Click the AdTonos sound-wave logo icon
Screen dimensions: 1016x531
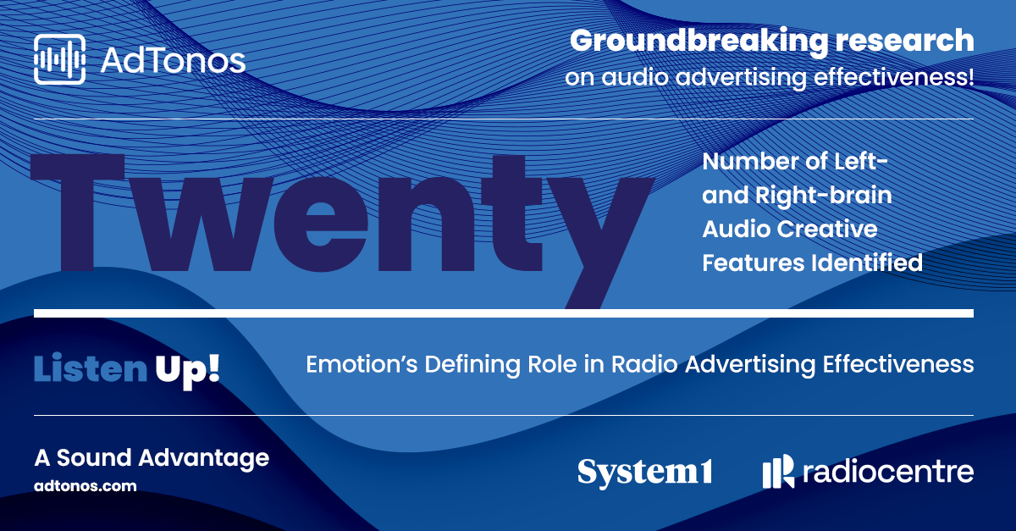coord(59,59)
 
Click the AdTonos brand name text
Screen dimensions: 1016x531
coord(173,60)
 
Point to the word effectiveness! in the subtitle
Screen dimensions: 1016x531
coord(893,77)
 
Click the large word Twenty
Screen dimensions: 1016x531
coord(342,230)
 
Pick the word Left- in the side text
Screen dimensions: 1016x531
coord(861,161)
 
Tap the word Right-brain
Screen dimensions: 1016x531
coord(823,195)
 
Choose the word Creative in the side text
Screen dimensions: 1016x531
coord(827,229)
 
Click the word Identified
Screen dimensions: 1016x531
coord(867,263)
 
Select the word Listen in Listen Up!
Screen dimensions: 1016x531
coord(91,368)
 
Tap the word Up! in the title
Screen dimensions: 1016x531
coord(188,371)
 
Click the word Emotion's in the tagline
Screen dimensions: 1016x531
coord(362,364)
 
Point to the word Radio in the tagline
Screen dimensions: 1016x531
coord(644,364)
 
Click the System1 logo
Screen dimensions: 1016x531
coord(645,473)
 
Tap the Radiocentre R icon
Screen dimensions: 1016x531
coord(778,472)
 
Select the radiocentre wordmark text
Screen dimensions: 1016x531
coord(888,472)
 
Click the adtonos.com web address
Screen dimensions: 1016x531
coord(86,486)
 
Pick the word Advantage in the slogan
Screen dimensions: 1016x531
coord(204,458)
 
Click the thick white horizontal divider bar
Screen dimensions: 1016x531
coord(504,313)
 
